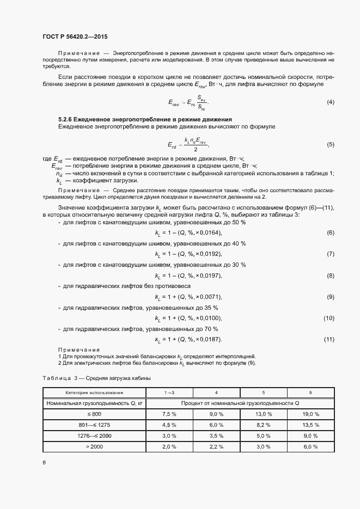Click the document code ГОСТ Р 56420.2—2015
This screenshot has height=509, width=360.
coord(75,36)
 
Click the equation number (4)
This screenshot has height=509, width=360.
coord(330,102)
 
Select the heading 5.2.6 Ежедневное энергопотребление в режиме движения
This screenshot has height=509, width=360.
coord(145,119)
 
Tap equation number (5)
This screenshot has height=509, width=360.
coord(330,144)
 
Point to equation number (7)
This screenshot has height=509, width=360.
coord(330,239)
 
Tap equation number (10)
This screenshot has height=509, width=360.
coord(328,318)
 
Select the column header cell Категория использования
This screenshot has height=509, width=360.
coord(94,393)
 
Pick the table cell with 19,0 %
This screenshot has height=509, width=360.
coord(310,414)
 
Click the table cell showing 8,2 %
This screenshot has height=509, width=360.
coord(264,425)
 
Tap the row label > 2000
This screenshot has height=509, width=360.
coord(94,447)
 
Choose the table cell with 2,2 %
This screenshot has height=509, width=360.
coord(217,447)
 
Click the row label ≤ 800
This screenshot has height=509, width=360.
coord(94,414)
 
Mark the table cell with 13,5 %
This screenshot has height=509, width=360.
coord(310,425)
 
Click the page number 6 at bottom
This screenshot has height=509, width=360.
coord(44,463)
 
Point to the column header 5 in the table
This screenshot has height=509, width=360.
coord(264,393)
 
